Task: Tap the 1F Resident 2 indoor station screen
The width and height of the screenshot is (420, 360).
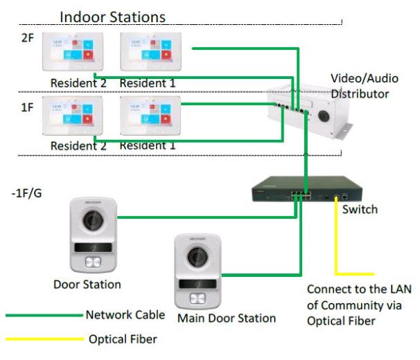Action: [x=69, y=118]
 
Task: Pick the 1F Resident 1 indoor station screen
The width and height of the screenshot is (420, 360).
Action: [x=146, y=118]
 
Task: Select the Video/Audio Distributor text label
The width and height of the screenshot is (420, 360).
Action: [x=360, y=85]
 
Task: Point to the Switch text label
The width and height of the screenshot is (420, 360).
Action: [x=360, y=208]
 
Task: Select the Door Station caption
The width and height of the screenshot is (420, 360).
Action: [x=87, y=284]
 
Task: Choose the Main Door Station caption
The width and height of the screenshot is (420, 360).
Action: [x=227, y=318]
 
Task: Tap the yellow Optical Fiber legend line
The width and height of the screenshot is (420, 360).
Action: [x=43, y=339]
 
